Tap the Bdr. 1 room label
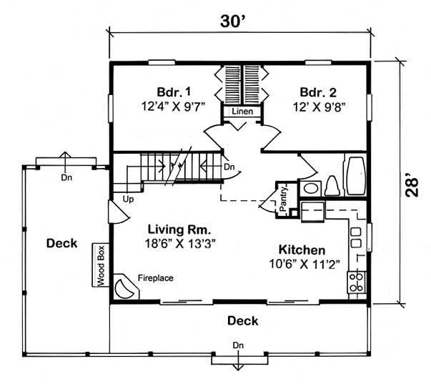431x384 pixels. tap(174, 92)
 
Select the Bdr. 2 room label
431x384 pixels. tap(315, 92)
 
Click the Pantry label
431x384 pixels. tap(283, 195)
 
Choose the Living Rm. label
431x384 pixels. tap(179, 230)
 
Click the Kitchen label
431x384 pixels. tap(302, 250)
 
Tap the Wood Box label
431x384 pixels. tap(101, 266)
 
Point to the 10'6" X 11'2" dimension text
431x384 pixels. tap(302, 263)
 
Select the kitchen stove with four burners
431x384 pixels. tap(356, 283)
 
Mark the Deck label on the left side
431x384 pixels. tap(61, 243)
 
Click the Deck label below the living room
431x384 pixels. tap(242, 320)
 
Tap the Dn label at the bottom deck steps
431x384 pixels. tap(237, 346)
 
